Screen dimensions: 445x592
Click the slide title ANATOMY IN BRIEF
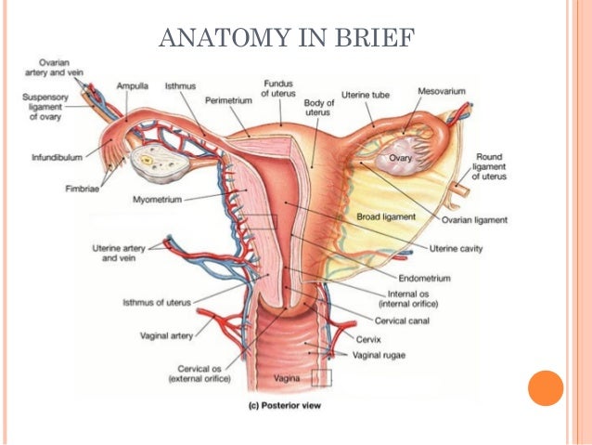(287, 38)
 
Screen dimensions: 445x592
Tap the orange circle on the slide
(546, 387)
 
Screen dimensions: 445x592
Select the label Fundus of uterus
(278, 88)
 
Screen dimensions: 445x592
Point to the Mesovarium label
(442, 92)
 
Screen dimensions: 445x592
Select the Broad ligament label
(386, 216)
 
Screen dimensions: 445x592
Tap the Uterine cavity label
(457, 248)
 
